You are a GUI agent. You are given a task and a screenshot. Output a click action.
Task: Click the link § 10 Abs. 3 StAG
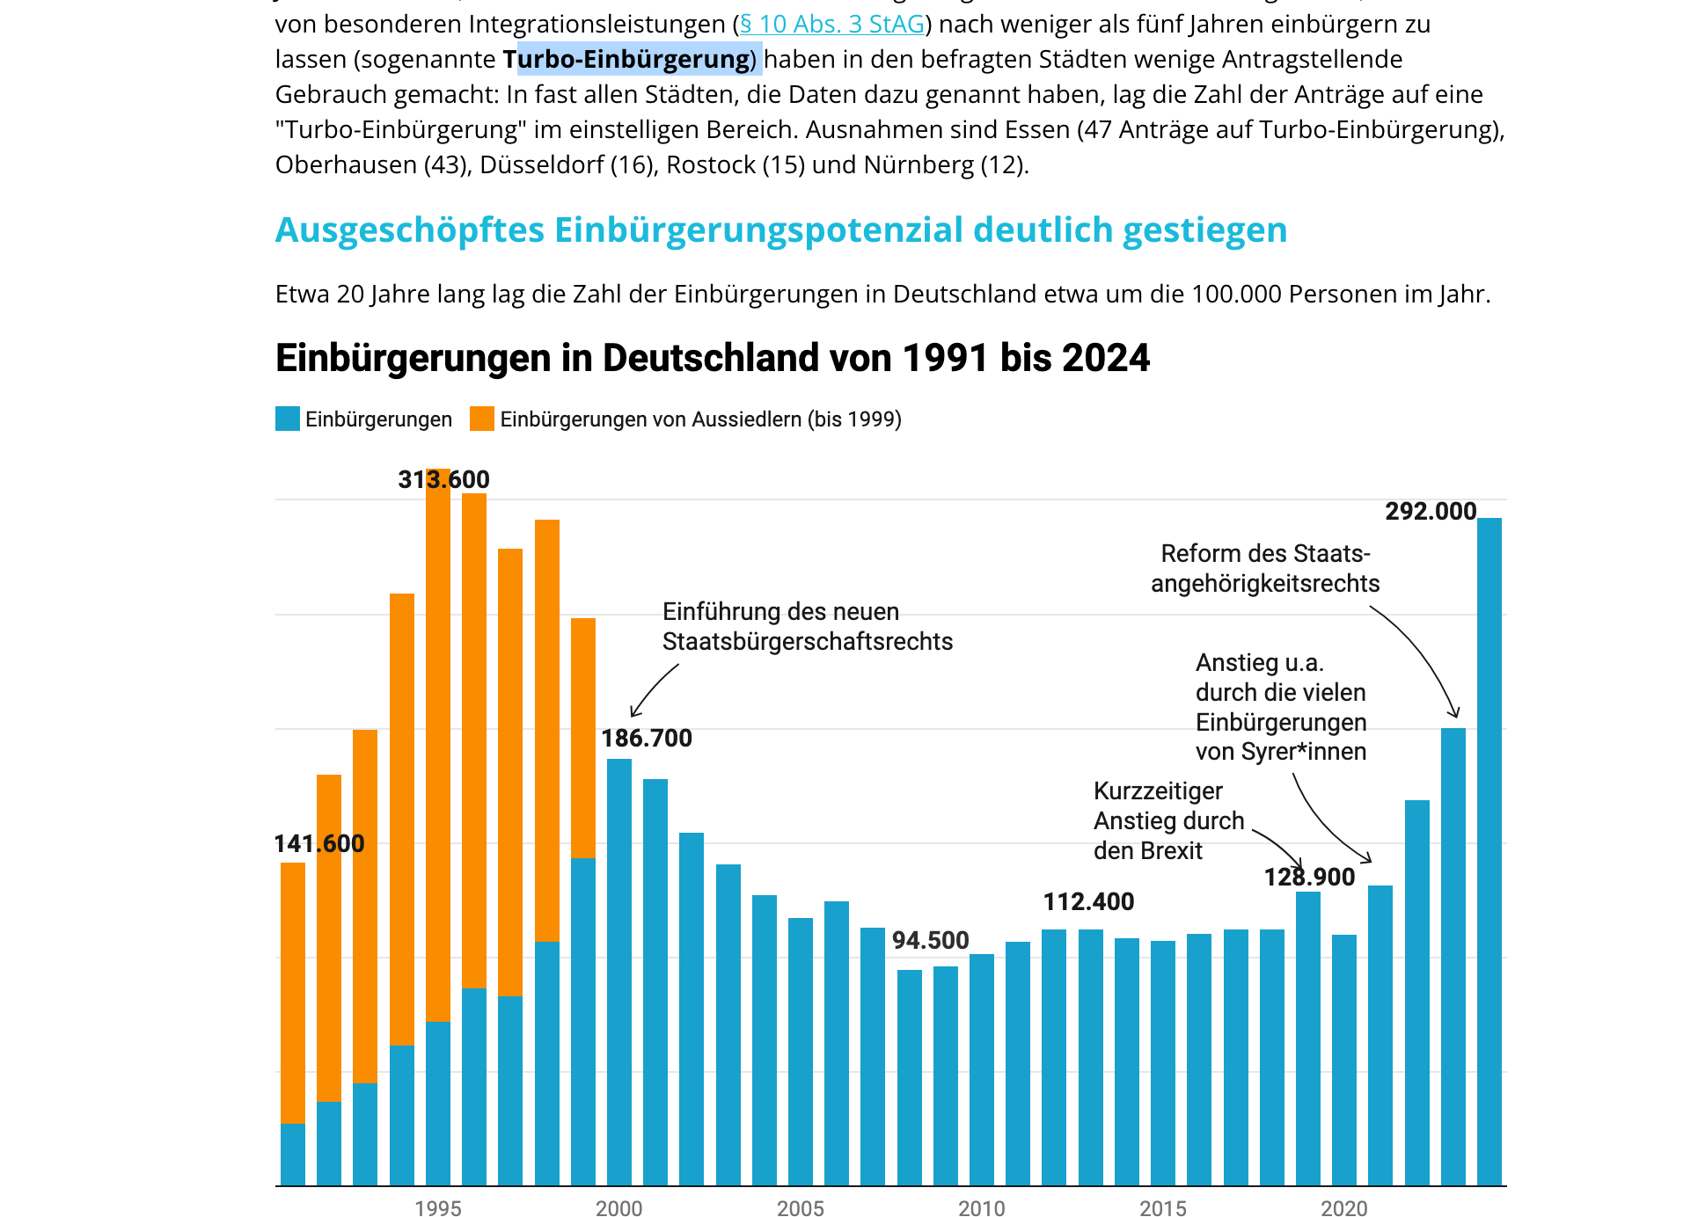point(832,25)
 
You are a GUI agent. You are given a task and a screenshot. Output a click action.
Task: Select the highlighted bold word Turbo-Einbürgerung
point(628,60)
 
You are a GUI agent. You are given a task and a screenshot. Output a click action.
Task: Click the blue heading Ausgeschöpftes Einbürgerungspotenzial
point(780,230)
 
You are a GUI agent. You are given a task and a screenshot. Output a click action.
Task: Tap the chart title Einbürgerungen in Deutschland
point(712,358)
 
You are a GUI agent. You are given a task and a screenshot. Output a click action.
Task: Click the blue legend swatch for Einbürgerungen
point(288,419)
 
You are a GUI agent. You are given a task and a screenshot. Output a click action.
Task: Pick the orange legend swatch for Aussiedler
point(481,419)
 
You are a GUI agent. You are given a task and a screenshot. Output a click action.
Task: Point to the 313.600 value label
point(443,480)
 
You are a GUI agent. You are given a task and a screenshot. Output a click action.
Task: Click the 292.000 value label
point(1431,512)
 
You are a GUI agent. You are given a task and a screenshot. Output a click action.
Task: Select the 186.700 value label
point(647,739)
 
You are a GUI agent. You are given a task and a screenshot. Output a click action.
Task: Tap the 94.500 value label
point(930,941)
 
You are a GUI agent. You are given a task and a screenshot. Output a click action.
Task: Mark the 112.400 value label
point(1088,902)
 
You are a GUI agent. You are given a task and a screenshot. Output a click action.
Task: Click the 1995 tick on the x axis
point(438,1208)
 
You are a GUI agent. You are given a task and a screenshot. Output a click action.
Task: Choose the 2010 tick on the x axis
point(982,1208)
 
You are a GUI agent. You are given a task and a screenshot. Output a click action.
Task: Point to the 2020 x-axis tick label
point(1344,1208)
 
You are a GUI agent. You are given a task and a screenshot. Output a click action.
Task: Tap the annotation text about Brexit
point(1167,821)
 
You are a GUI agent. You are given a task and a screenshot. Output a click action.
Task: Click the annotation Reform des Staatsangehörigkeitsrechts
point(1264,569)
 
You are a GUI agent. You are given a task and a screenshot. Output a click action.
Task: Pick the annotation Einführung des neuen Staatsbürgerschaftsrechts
point(807,627)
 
